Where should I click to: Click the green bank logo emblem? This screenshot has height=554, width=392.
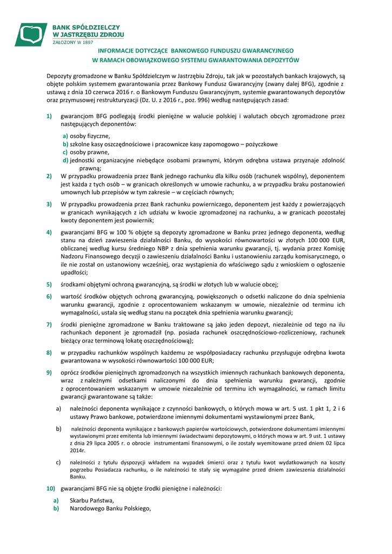(31, 34)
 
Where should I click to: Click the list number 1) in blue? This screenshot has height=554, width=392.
(49, 116)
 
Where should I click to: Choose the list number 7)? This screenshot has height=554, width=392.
(49, 324)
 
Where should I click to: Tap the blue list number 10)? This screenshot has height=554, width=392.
(51, 489)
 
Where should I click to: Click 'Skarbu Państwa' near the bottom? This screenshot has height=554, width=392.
(92, 500)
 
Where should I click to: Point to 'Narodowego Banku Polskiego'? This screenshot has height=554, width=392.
(110, 509)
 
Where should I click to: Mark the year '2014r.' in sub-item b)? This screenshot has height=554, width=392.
(78, 450)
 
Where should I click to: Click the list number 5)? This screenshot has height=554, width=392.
(49, 285)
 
